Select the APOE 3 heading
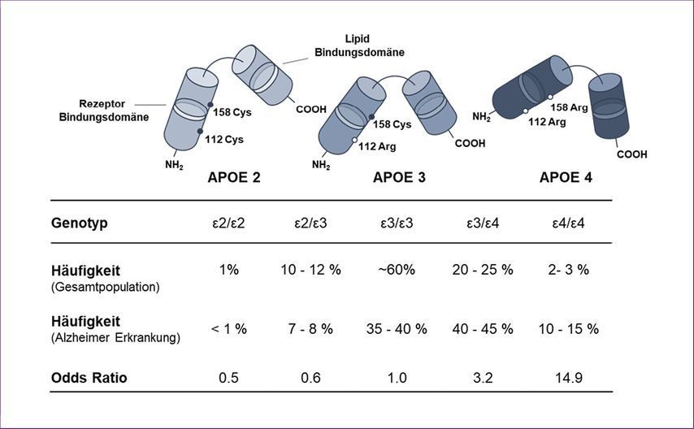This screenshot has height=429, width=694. [399, 177]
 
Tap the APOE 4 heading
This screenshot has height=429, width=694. [566, 177]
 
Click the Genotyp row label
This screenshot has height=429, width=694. [81, 221]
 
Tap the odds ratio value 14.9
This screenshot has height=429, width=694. [568, 377]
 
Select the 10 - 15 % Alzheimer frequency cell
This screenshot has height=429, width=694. [568, 328]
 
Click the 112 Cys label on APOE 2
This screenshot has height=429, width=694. [224, 138]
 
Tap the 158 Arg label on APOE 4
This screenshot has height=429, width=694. [570, 107]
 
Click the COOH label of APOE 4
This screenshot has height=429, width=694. [632, 154]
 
